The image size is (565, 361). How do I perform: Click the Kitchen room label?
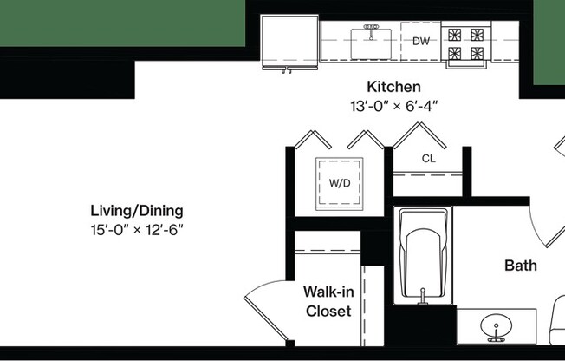pos(393,87)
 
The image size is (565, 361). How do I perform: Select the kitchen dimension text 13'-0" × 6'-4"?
pos(393,106)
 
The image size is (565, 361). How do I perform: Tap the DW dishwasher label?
pos(421,41)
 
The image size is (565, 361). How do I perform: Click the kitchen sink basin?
pos(373,42)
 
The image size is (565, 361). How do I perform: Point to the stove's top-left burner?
pos(455,36)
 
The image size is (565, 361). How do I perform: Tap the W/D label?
pos(339,183)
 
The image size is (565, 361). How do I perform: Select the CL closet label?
pos(428,159)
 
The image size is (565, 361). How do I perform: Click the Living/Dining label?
pos(137,211)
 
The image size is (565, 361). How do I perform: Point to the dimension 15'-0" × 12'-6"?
pos(137,230)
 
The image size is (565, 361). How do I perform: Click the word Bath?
pos(520,266)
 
